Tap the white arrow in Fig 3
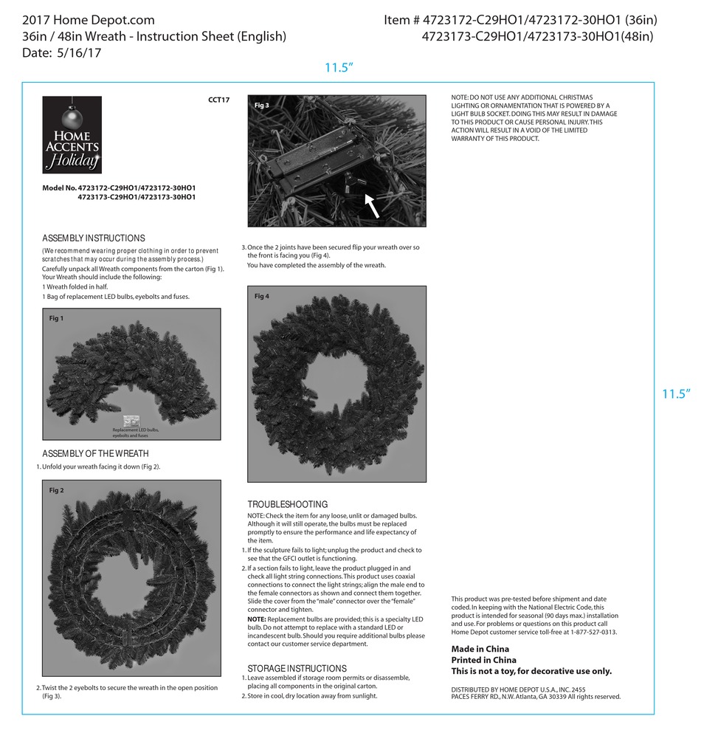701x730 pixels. (373, 205)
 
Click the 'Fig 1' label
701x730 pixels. (56, 318)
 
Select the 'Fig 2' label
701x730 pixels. (56, 490)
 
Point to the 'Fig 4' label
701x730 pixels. (262, 296)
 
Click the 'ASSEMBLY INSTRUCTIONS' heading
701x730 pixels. (94, 238)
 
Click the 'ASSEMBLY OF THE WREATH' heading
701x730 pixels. (95, 453)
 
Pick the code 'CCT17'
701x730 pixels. (220, 100)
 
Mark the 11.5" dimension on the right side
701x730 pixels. (674, 394)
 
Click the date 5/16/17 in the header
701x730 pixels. (77, 53)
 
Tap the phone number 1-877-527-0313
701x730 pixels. (591, 633)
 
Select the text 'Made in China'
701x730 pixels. (480, 649)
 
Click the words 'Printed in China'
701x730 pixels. (483, 660)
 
